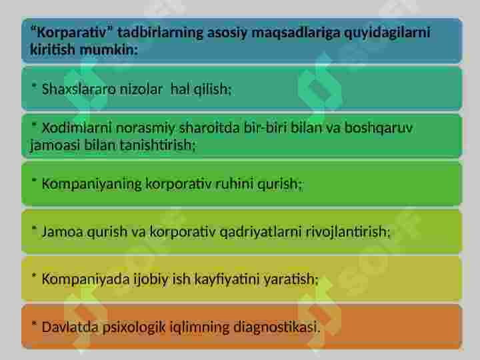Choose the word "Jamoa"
point(59,232)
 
